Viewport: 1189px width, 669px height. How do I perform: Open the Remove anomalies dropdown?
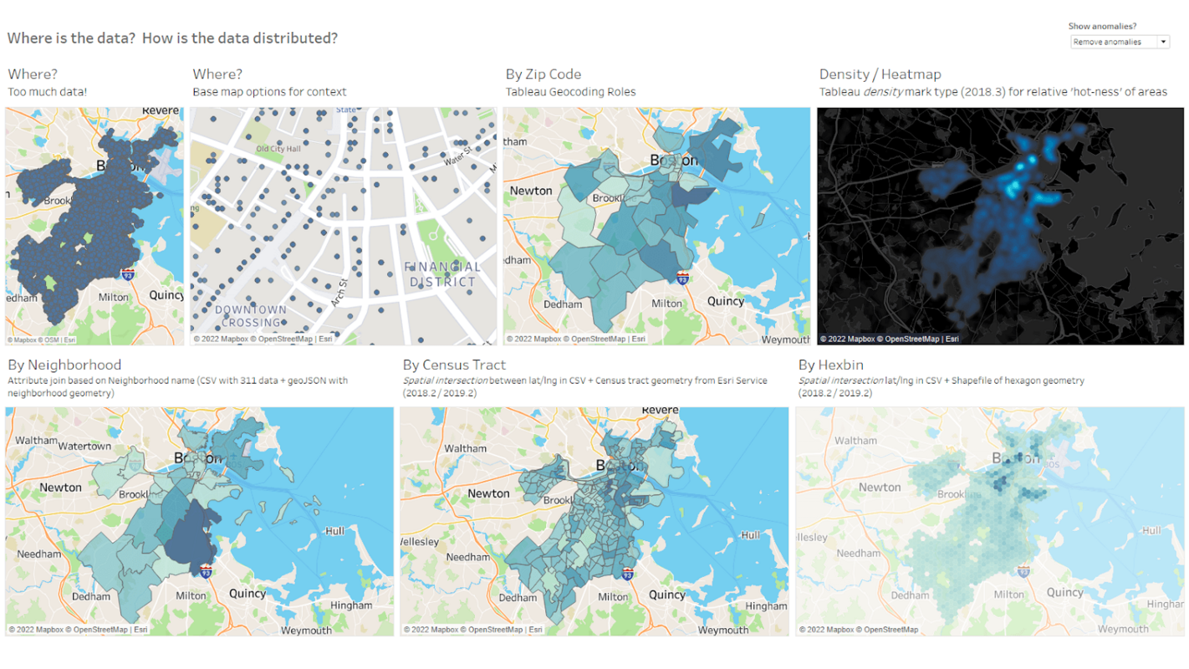click(1119, 42)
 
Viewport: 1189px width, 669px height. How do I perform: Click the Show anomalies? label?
click(1102, 27)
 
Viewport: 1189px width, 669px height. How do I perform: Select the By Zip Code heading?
click(543, 74)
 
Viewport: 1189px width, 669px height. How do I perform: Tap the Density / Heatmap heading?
click(880, 74)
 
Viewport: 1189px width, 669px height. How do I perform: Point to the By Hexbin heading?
click(830, 365)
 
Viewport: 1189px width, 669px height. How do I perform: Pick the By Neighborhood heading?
click(64, 365)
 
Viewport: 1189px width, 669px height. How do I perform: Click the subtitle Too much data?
click(48, 92)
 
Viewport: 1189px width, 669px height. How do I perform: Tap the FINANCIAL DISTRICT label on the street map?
click(443, 274)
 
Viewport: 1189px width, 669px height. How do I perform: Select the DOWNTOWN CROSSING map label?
click(251, 316)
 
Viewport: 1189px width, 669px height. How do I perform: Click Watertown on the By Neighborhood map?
click(85, 446)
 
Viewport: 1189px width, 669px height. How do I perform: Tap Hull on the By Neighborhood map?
click(334, 530)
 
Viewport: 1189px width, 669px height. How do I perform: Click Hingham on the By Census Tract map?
click(766, 605)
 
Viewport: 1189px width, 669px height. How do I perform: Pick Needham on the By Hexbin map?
click(858, 553)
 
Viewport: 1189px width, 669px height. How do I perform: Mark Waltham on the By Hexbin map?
click(855, 440)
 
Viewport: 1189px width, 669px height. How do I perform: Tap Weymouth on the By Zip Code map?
click(784, 339)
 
